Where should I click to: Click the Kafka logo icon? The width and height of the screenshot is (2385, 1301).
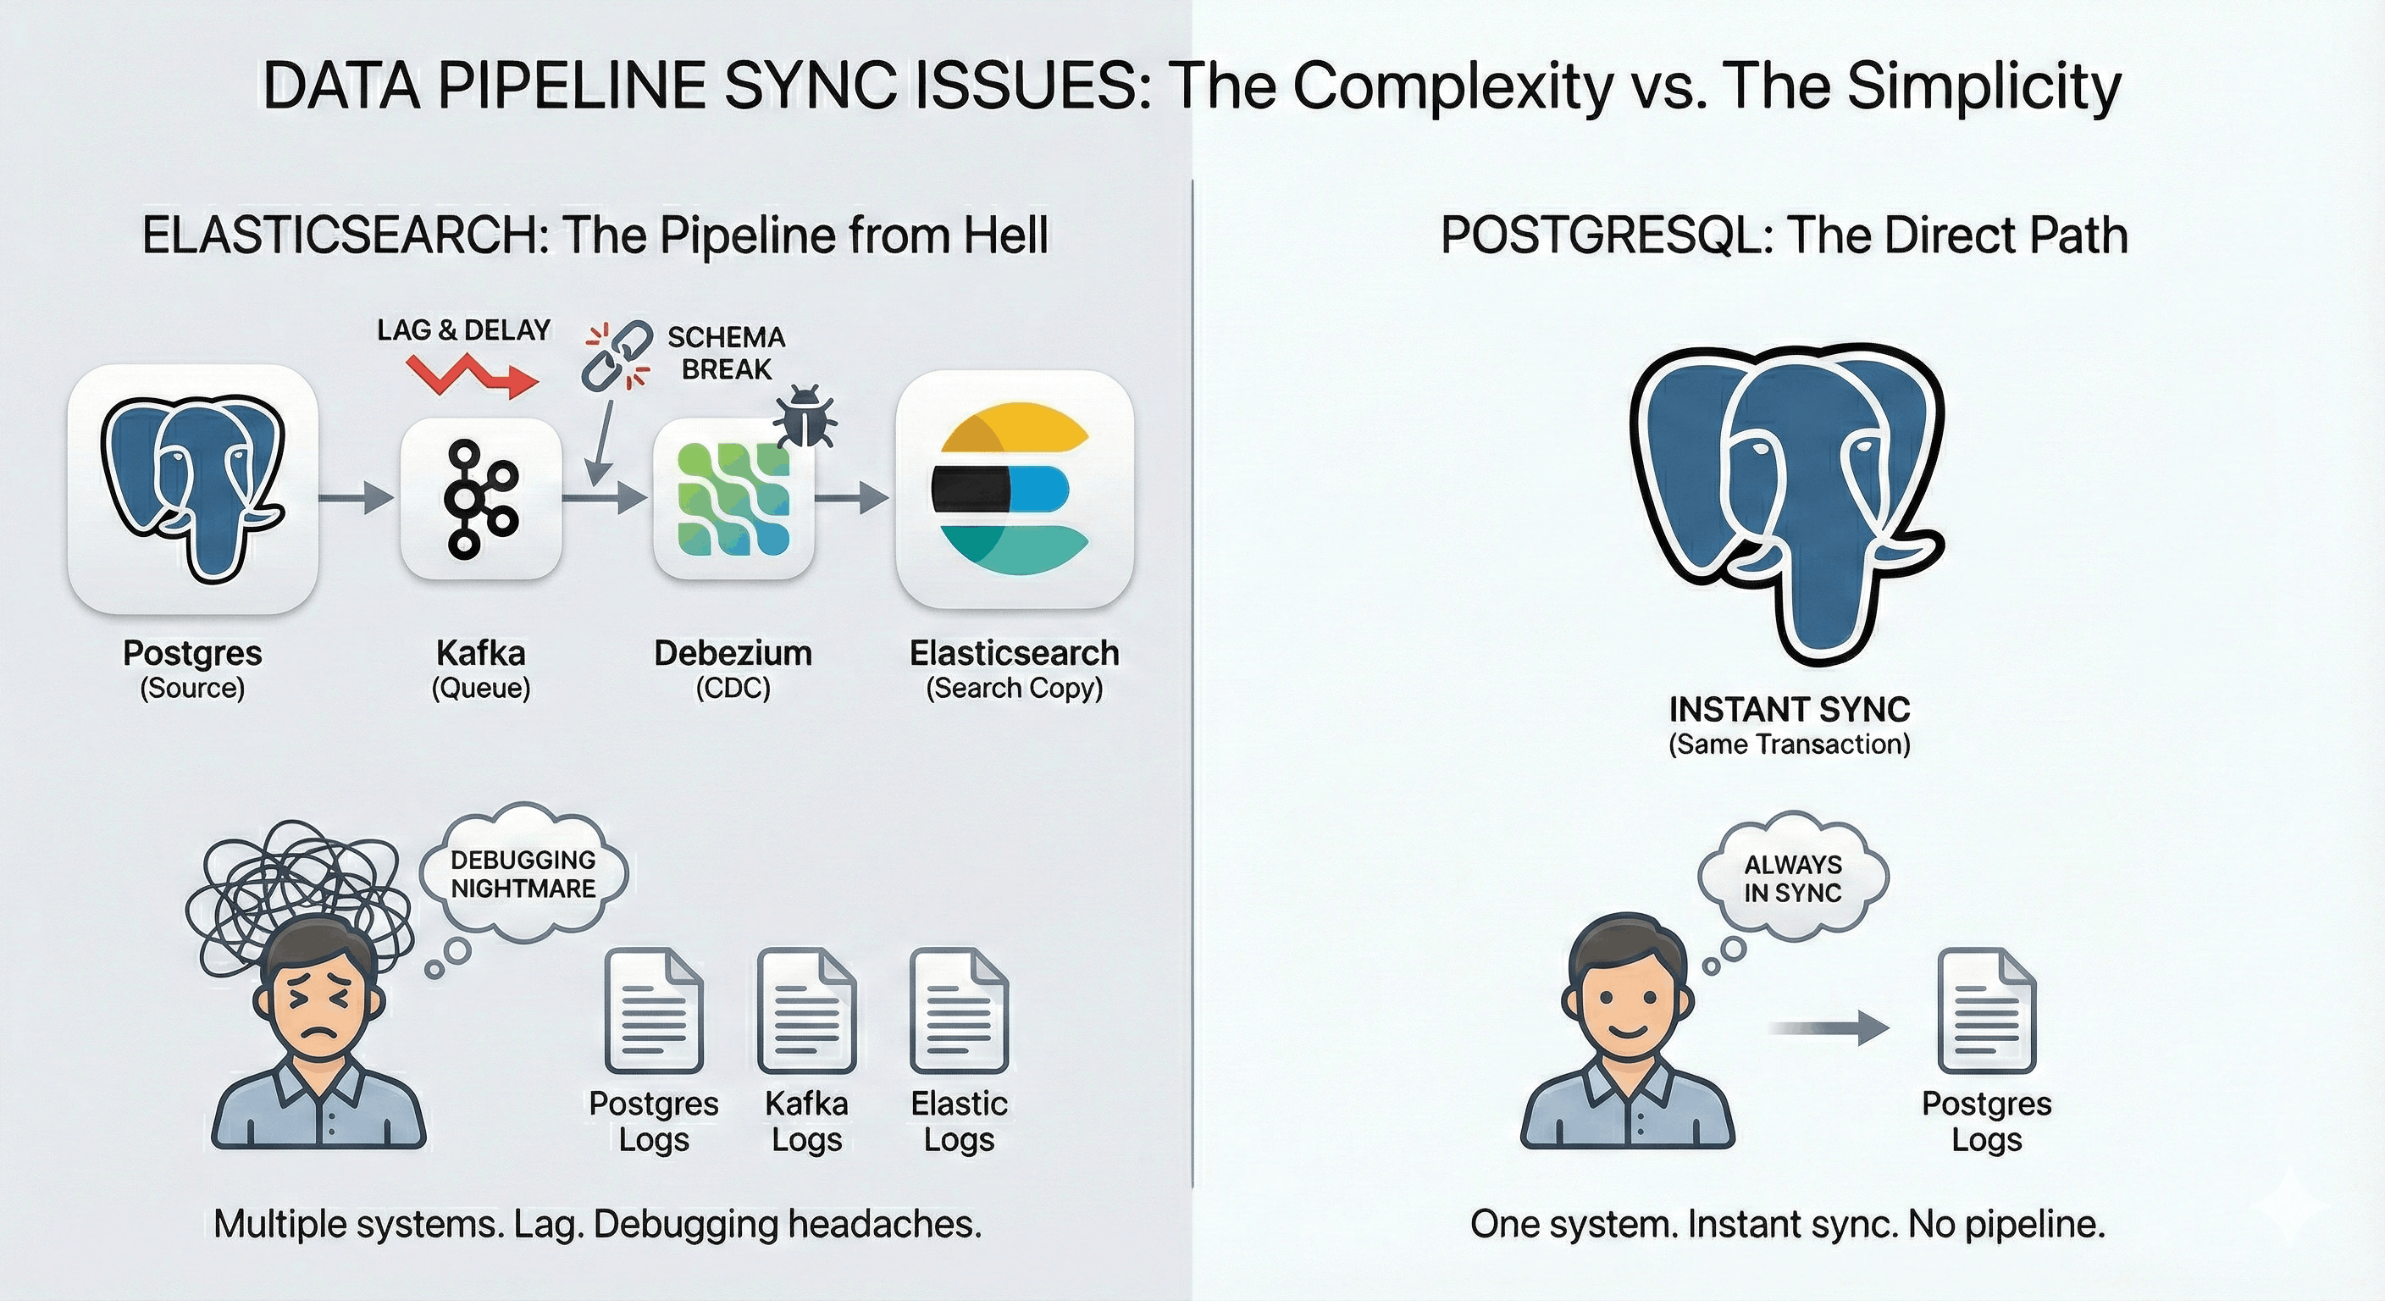click(480, 499)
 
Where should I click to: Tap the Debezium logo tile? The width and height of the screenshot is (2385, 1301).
click(733, 498)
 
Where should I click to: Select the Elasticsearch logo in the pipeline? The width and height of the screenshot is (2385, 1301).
click(1014, 489)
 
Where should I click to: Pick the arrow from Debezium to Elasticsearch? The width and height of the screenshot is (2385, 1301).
click(852, 498)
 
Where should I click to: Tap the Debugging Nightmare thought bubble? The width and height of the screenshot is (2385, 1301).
click(523, 874)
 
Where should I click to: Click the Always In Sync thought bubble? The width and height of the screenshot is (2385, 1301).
click(1792, 877)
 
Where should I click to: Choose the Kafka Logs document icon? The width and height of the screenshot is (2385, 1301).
click(806, 1010)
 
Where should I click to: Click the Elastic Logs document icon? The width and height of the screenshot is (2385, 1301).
click(958, 1010)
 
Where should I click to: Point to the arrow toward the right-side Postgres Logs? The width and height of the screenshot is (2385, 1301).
click(1829, 1027)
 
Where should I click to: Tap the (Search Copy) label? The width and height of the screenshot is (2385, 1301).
click(1014, 688)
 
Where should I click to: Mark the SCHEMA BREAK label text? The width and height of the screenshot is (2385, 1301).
click(726, 353)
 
